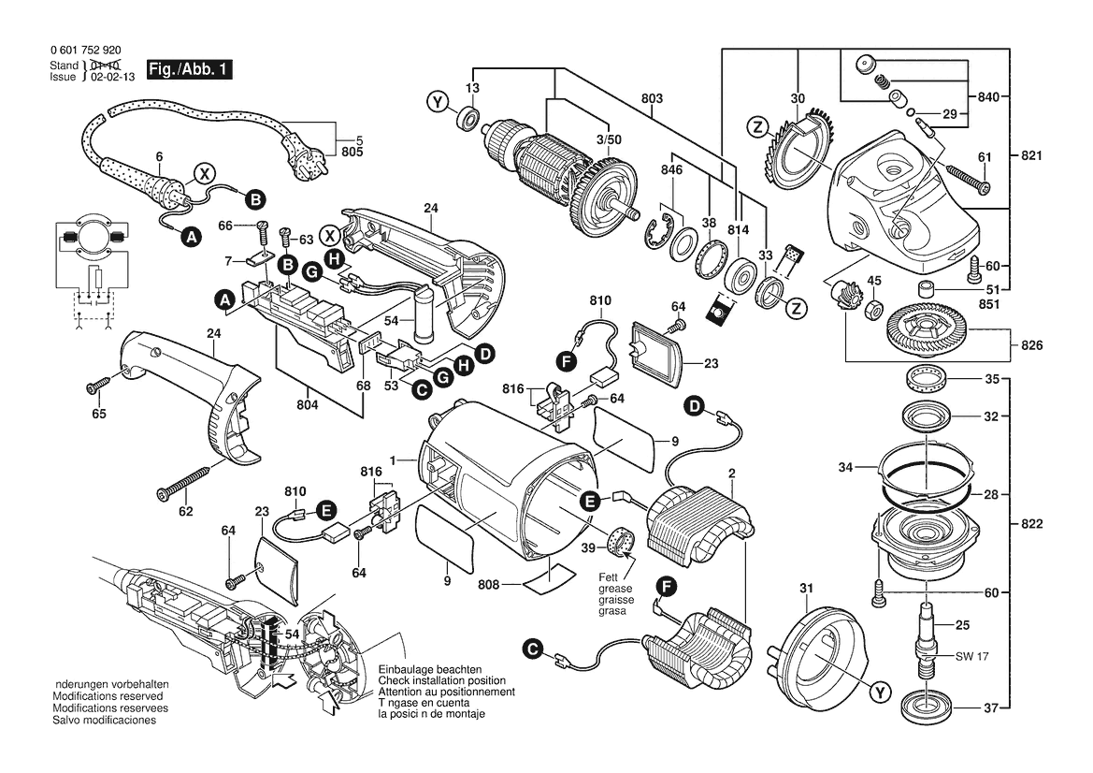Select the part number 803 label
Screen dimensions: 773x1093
652,98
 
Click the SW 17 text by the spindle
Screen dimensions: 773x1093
971,657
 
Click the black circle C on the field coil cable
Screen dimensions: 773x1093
532,648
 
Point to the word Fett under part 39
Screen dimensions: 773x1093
609,577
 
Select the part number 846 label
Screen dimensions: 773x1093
670,171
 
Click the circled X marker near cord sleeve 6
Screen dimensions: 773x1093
204,173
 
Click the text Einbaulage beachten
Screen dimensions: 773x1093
430,671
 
